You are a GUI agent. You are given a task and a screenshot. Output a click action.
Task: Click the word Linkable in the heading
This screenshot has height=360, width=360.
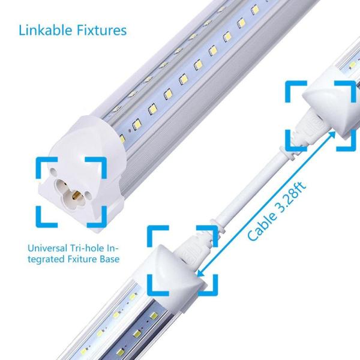pyautogui.click(x=45, y=31)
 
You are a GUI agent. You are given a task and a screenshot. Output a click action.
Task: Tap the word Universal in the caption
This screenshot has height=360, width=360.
pyautogui.click(x=47, y=248)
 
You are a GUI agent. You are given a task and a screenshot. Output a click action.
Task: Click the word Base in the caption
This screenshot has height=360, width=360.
pyautogui.click(x=110, y=259)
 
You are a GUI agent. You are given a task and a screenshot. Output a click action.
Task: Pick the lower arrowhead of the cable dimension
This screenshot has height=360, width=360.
pyautogui.click(x=200, y=273)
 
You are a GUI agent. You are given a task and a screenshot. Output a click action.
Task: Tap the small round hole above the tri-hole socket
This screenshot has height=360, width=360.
pyautogui.click(x=53, y=171)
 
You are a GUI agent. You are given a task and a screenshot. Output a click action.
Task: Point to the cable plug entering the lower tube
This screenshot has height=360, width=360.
pyautogui.click(x=195, y=245)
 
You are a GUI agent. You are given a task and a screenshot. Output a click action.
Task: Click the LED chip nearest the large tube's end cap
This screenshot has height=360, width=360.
pyautogui.click(x=122, y=137)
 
